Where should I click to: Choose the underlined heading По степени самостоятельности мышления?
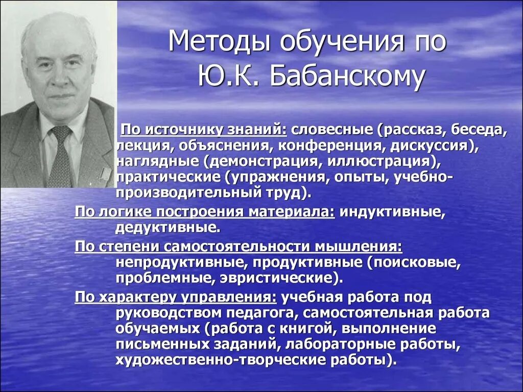pos(238,247)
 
